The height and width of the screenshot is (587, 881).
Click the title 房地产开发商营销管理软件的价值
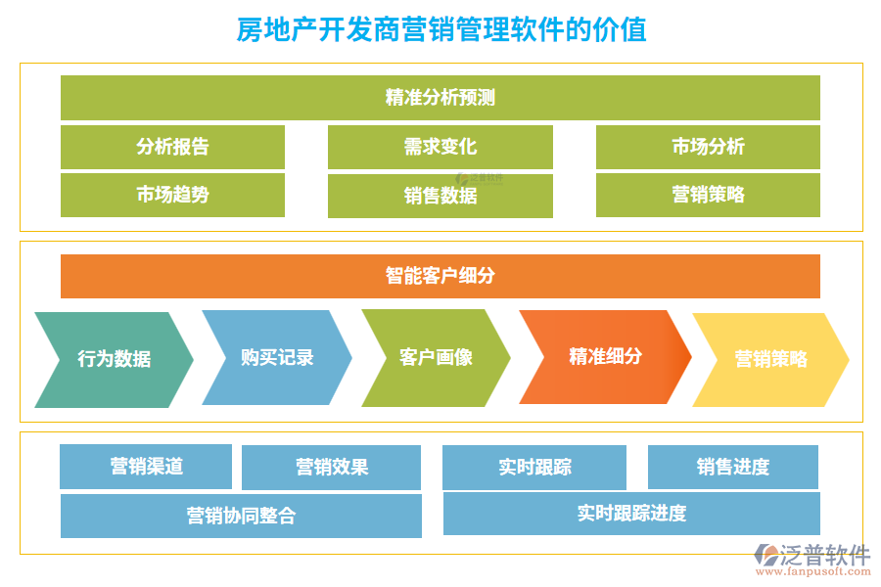click(440, 29)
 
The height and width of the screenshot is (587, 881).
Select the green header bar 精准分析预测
click(440, 98)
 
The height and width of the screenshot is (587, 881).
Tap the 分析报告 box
click(172, 147)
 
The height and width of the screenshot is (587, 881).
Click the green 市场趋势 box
click(172, 195)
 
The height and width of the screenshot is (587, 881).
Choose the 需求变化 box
click(440, 147)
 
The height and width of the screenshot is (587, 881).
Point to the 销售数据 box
click(440, 196)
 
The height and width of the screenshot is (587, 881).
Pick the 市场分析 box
click(708, 147)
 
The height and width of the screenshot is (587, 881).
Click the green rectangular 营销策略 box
click(708, 195)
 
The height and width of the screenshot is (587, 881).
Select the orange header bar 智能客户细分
click(440, 276)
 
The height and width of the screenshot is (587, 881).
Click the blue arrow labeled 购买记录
click(276, 357)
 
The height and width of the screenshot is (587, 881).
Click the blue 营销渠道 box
click(146, 467)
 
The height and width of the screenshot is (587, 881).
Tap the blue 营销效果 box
click(331, 468)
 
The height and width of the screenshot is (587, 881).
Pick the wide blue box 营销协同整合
click(241, 516)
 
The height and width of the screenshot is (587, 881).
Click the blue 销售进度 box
click(732, 468)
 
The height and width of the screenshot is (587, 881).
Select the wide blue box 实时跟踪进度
click(631, 514)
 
